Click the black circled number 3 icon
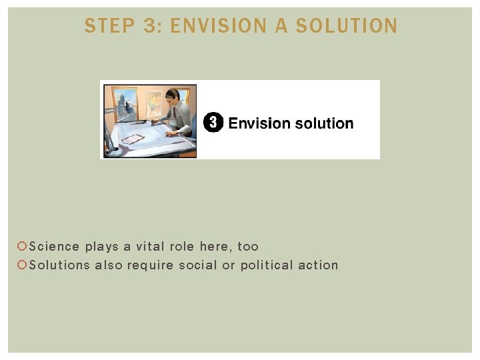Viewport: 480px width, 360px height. pos(213,123)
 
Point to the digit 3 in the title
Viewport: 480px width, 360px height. pos(149,26)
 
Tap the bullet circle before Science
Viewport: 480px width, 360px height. pos(22,247)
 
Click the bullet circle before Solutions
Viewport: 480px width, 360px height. pos(22,265)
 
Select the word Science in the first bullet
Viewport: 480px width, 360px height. pos(55,247)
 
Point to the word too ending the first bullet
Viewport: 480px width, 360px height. pos(248,247)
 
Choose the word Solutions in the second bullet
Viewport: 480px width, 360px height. pos(59,265)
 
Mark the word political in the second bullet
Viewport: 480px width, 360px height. pos(266,265)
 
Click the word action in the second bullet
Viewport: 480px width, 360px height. pos(319,265)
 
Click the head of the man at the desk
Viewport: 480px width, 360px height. pos(173,95)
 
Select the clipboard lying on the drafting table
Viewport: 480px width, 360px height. pos(134,139)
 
